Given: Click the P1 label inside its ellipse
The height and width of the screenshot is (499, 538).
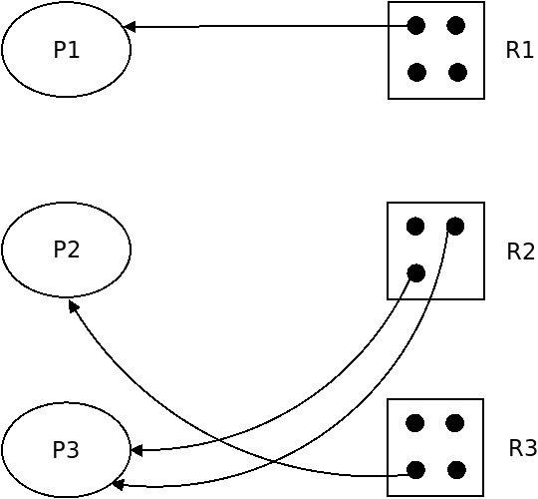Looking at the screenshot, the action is click(67, 50).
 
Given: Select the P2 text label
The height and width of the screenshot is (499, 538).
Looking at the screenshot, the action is click(67, 249).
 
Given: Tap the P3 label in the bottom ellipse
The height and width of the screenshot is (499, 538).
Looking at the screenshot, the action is click(66, 449).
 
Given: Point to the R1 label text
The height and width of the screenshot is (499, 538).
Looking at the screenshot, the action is click(519, 50).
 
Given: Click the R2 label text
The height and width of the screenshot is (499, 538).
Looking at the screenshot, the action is click(520, 251).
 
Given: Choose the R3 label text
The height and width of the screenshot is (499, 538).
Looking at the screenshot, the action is click(522, 448).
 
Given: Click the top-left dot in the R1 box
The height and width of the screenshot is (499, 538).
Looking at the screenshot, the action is click(416, 25).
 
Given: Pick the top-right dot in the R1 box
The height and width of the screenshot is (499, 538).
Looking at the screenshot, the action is click(456, 25).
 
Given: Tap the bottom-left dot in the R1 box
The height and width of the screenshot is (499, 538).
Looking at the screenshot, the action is click(416, 72).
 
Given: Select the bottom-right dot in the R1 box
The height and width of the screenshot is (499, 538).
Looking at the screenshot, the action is click(457, 72).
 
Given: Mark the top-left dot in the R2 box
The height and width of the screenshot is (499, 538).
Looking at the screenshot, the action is click(415, 227).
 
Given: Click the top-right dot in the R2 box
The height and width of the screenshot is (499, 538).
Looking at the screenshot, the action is click(455, 227).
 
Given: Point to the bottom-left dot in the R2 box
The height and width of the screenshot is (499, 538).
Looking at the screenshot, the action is click(416, 273).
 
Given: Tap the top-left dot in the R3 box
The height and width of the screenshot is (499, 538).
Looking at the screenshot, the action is click(415, 423).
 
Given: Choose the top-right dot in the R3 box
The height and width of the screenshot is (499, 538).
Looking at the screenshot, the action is click(455, 423).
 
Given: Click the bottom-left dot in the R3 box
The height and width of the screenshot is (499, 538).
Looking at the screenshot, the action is click(415, 470).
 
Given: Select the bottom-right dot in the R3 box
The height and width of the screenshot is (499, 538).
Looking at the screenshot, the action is click(456, 470).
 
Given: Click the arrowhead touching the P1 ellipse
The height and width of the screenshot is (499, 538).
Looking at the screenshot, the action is click(129, 27).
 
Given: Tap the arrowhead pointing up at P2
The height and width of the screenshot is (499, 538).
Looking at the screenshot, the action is click(74, 305).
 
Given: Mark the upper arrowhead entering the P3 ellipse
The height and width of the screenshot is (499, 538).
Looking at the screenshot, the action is click(136, 450).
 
